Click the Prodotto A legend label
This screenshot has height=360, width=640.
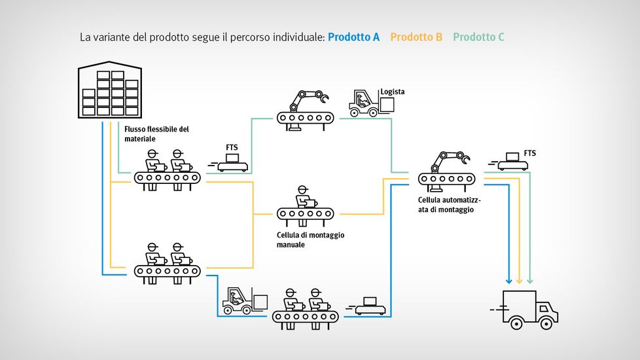[353, 37]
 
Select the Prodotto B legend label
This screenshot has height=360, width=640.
[416, 37]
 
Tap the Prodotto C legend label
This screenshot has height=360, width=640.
[478, 37]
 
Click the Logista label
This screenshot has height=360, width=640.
[393, 92]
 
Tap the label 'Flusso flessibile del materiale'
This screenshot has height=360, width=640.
[156, 134]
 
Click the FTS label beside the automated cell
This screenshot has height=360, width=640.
[529, 153]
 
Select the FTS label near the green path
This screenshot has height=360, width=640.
[232, 148]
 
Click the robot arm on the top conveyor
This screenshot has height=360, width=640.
[306, 99]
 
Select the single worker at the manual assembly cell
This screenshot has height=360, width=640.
[303, 196]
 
